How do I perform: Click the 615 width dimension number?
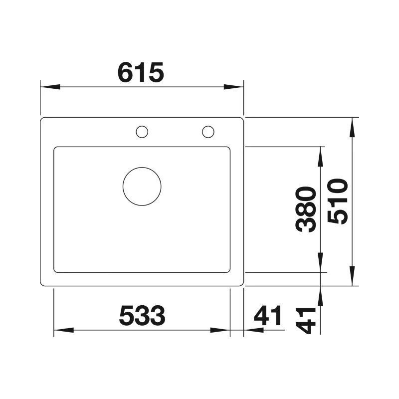(x=141, y=72)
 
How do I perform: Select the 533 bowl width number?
(x=142, y=316)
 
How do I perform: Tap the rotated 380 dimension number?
(x=306, y=209)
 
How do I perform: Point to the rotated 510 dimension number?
(x=338, y=201)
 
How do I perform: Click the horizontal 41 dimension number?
(x=268, y=316)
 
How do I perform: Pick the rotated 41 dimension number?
(x=306, y=321)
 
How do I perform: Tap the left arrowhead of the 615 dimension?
(x=50, y=87)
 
